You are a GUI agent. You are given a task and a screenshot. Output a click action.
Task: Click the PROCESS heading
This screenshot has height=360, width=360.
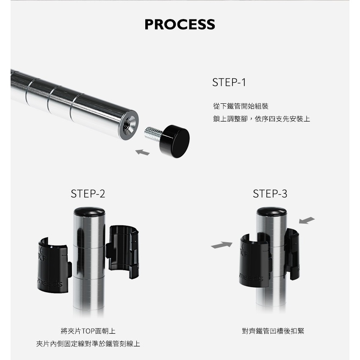click(180, 24)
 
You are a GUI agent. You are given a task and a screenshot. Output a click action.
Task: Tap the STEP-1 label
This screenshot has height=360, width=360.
click(229, 82)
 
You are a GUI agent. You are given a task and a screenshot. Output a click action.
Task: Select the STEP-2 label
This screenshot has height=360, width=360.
click(88, 194)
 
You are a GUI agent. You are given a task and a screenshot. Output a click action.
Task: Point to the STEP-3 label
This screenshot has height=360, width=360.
click(270, 194)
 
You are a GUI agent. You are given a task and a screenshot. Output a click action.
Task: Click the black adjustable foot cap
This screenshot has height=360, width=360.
click(175, 141)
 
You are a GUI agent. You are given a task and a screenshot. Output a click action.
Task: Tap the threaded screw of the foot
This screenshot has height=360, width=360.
click(153, 133)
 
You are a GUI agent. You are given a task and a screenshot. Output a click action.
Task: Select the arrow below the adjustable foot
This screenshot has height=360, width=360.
click(143, 152)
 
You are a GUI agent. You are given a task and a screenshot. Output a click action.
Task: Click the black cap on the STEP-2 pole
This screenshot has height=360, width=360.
click(89, 212)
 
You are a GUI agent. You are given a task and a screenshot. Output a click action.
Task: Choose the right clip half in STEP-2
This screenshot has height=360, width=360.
click(122, 251)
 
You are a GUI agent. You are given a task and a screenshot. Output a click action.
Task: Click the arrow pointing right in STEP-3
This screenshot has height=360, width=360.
click(222, 245)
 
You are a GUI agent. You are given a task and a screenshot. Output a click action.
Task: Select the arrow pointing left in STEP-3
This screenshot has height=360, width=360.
click(307, 220)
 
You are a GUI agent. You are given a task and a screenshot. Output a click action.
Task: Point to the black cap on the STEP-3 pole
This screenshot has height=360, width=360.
click(271, 211)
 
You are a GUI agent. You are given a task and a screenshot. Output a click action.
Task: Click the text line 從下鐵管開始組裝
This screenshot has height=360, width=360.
click(241, 106)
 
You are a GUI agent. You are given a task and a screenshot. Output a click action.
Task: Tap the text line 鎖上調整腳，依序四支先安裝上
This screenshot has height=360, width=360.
click(261, 119)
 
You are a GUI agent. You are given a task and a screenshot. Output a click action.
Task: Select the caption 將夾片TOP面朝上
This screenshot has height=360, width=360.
click(88, 331)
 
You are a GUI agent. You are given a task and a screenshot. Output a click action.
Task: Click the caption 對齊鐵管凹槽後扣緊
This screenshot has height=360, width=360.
click(273, 331)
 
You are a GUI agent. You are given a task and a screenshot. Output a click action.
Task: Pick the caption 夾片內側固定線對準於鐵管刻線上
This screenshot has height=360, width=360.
click(88, 344)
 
